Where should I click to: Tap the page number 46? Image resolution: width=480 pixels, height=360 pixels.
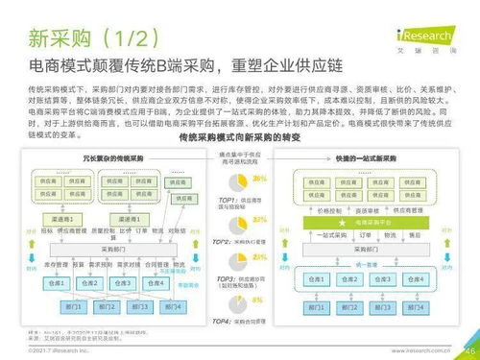point(470,350)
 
